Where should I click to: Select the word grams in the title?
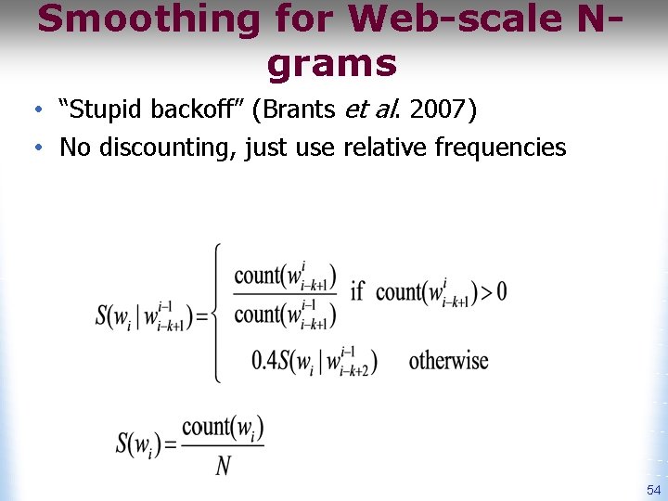[x=331, y=64]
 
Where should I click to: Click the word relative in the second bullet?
[x=380, y=147]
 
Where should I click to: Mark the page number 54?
[x=653, y=490]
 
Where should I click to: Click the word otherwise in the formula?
[x=448, y=361]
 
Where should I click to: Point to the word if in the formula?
[x=357, y=291]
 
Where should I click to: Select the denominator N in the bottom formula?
[x=223, y=465]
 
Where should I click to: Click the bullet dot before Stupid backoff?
[x=35, y=111]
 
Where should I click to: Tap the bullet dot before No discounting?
[x=35, y=148]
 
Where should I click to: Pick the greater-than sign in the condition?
[x=482, y=292]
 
